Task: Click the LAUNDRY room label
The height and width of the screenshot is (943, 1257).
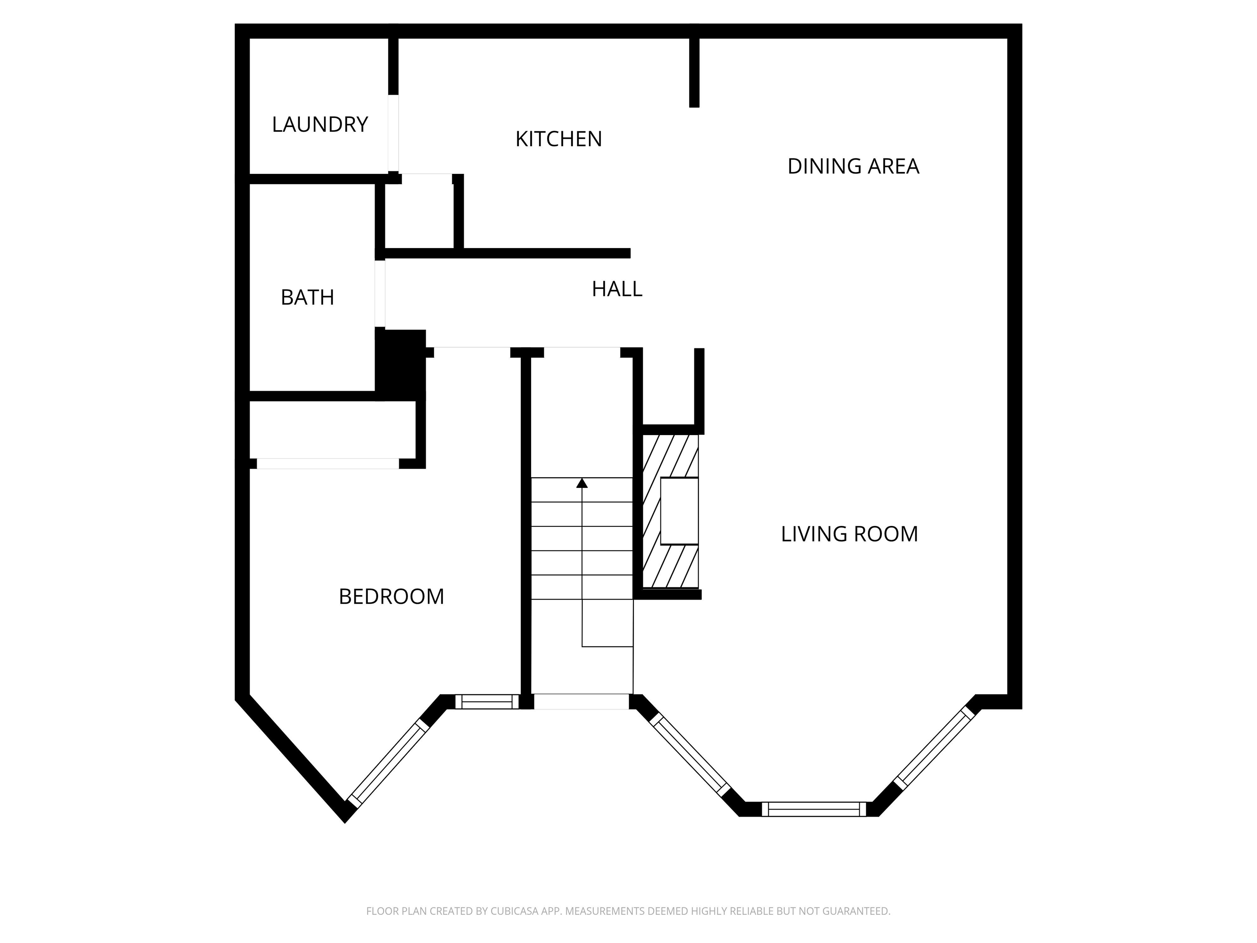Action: pyautogui.click(x=320, y=124)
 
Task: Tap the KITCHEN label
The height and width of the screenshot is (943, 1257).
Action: pyautogui.click(x=559, y=139)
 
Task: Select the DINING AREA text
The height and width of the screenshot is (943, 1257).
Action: pyautogui.click(x=853, y=167)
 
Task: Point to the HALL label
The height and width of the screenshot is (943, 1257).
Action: pyautogui.click(x=617, y=289)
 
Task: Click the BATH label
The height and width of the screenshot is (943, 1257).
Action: pyautogui.click(x=307, y=297)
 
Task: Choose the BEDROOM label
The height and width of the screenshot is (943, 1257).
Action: pyautogui.click(x=392, y=597)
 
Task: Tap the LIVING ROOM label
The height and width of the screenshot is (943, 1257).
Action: pyautogui.click(x=849, y=534)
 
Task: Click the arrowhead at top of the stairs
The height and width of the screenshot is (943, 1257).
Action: pyautogui.click(x=582, y=483)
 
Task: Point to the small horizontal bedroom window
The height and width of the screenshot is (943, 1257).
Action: pyautogui.click(x=487, y=702)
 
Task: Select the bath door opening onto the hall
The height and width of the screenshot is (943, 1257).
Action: pyautogui.click(x=380, y=294)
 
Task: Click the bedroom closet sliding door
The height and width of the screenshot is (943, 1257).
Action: pyautogui.click(x=328, y=464)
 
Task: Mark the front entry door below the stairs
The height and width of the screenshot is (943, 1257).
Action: pyautogui.click(x=581, y=702)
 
